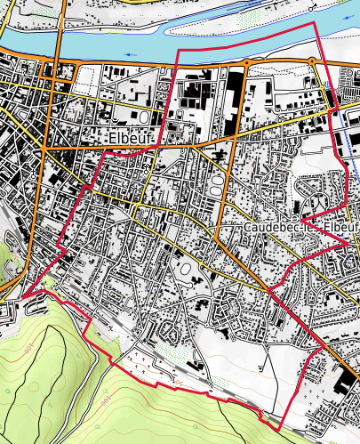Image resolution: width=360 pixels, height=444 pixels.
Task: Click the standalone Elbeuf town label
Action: pyautogui.click(x=131, y=138)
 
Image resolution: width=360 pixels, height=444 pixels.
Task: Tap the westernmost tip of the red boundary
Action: pyautogui.click(x=23, y=295)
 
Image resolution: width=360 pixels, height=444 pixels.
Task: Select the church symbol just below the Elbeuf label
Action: pyautogui.click(x=145, y=165)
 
